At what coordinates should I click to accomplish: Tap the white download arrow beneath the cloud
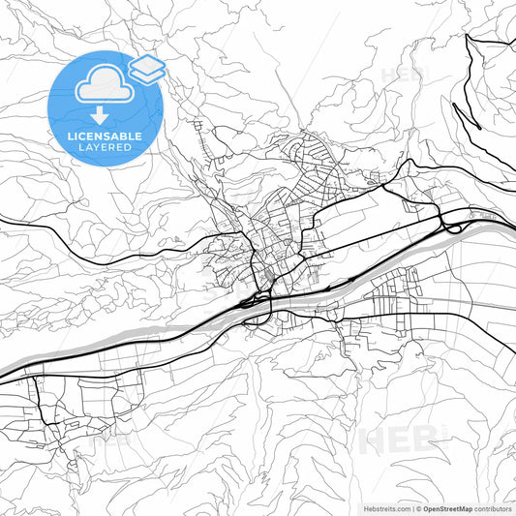[x=100, y=116]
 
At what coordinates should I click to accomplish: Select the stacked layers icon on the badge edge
[x=146, y=68]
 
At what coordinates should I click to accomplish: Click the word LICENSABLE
[x=105, y=137]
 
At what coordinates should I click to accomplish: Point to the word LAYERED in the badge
[x=105, y=148]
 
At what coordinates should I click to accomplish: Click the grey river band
[x=145, y=329]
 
